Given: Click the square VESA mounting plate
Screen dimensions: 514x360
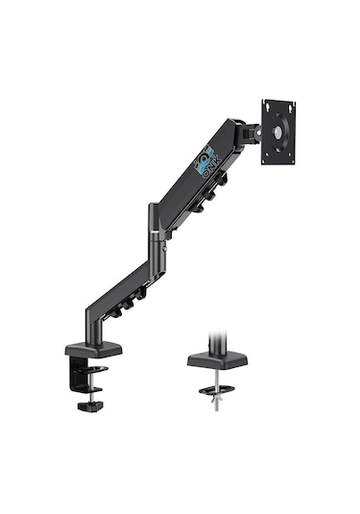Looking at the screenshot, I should [278, 131].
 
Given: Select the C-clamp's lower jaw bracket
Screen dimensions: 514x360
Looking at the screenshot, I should [93, 370].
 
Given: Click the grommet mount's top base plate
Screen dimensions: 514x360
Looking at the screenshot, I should [217, 358].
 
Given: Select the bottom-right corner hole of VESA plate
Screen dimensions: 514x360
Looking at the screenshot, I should [291, 157].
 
